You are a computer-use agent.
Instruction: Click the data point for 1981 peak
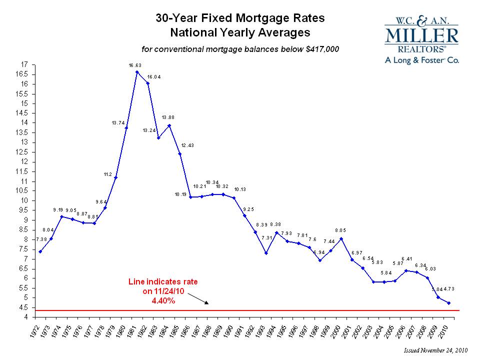(x=137, y=72)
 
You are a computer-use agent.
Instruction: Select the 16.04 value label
(x=153, y=77)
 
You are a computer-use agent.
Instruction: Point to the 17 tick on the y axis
(x=24, y=64)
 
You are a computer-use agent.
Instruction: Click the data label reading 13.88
(x=168, y=117)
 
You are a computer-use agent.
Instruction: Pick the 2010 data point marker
(x=449, y=303)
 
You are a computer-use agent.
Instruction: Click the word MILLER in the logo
(x=421, y=36)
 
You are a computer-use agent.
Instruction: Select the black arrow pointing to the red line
(x=200, y=299)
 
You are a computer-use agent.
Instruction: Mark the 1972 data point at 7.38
(x=40, y=251)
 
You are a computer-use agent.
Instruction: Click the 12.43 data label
(x=188, y=145)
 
